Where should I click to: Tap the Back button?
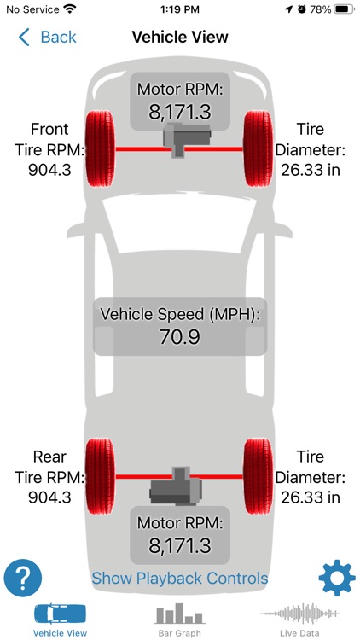[48, 38]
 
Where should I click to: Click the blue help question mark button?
[23, 578]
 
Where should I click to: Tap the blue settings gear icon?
[337, 579]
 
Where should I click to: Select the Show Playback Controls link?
[180, 578]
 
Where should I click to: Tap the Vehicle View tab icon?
[60, 614]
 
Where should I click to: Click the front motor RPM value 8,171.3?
[180, 112]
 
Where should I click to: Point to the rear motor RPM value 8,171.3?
[180, 545]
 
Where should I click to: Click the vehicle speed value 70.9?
[180, 337]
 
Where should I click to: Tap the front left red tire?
[101, 149]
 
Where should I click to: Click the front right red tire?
[258, 149]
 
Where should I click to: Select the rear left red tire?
[101, 476]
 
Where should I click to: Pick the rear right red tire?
[258, 476]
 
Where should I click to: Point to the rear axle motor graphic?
[176, 486]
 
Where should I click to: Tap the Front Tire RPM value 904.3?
[49, 170]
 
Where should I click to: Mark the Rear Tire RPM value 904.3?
[49, 497]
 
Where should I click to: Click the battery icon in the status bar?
[344, 9]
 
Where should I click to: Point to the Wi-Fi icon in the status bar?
[71, 9]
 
